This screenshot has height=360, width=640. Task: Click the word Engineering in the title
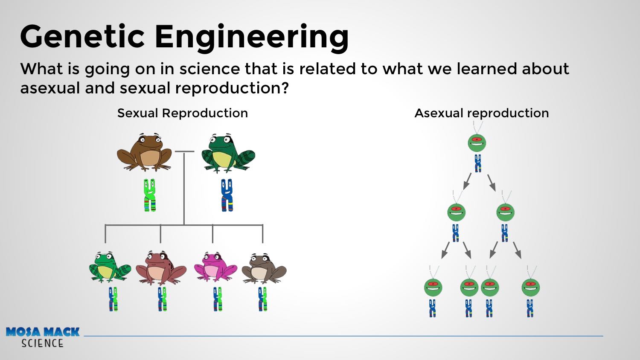click(x=251, y=38)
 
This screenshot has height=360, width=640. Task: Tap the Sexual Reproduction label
click(x=182, y=113)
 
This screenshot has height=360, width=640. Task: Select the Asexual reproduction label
click(x=481, y=113)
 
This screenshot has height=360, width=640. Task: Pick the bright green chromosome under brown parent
click(x=150, y=195)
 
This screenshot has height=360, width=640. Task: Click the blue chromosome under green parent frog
click(x=227, y=195)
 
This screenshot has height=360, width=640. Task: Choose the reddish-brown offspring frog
click(x=161, y=267)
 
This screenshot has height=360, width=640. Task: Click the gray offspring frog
click(x=264, y=268)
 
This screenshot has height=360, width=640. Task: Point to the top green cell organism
click(x=477, y=142)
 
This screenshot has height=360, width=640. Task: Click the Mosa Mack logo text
click(x=43, y=332)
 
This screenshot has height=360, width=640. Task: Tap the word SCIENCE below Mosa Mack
click(x=42, y=343)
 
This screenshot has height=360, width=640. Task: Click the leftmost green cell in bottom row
click(x=433, y=287)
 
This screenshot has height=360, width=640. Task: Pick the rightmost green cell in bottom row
click(x=530, y=287)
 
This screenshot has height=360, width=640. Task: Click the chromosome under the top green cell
click(x=478, y=163)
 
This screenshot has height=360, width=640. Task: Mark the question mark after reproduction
click(x=285, y=88)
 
